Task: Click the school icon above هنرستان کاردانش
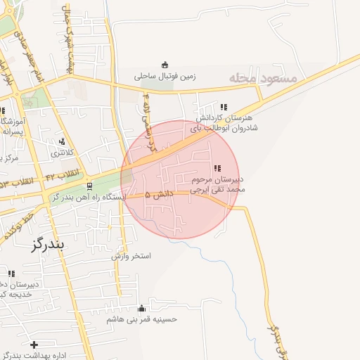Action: [x=223, y=107]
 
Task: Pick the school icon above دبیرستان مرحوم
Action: [x=217, y=168]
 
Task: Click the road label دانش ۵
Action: [x=157, y=193]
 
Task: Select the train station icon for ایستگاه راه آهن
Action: [x=89, y=186]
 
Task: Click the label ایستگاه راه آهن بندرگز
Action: [x=84, y=198]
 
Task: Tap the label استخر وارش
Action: [x=131, y=257]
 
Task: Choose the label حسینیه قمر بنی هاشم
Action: [x=141, y=319]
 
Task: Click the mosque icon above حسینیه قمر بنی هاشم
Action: [x=141, y=308]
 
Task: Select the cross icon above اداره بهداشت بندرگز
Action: [x=34, y=344]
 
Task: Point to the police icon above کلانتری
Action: [x=62, y=141]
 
